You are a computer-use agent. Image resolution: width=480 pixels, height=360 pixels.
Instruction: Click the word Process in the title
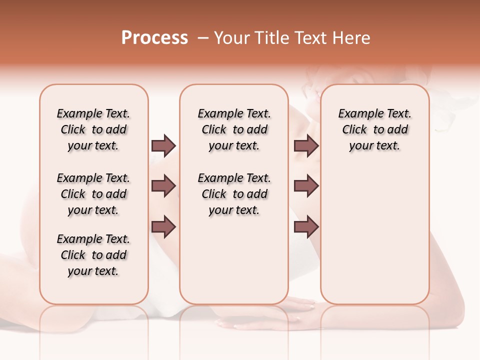[154, 38]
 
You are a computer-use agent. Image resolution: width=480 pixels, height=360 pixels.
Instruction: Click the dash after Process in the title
[203, 38]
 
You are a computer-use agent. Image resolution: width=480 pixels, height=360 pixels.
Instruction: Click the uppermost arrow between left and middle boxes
[163, 145]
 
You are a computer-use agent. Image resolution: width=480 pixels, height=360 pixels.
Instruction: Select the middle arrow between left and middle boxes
[163, 186]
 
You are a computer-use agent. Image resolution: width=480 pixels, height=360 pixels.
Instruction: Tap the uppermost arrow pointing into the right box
[306, 145]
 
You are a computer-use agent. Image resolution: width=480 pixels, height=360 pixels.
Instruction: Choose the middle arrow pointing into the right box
[306, 186]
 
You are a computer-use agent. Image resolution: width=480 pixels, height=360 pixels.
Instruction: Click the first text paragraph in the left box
[93, 129]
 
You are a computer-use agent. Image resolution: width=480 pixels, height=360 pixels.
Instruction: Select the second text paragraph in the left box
[93, 194]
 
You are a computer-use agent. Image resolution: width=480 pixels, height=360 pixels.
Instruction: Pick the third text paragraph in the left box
[93, 255]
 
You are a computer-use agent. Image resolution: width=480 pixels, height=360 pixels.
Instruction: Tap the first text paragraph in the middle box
[234, 129]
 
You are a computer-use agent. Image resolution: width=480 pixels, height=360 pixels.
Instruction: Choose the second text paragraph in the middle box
[234, 194]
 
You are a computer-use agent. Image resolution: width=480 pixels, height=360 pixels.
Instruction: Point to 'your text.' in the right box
[374, 146]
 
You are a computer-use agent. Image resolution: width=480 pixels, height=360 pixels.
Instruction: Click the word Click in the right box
[354, 130]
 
